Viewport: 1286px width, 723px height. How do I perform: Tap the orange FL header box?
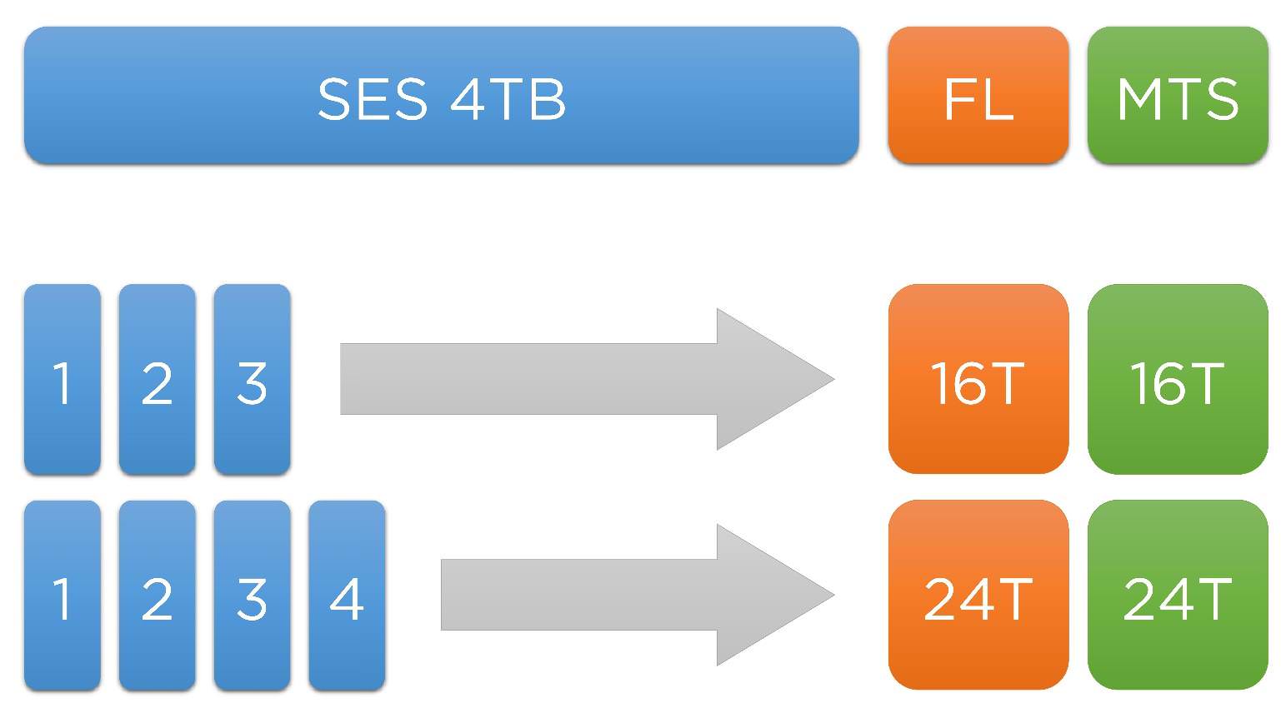978,96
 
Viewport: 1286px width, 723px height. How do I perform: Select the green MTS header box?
1177,96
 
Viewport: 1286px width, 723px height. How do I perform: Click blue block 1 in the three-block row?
63,380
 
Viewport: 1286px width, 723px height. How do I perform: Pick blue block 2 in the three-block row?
158,380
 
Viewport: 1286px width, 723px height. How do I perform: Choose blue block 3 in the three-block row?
252,380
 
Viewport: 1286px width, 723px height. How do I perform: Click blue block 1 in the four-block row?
63,596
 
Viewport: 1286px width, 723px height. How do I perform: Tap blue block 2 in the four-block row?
158,596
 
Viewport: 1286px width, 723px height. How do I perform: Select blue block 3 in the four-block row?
252,596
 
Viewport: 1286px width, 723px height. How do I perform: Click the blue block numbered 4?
347,596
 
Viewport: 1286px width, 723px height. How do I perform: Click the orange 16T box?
978,380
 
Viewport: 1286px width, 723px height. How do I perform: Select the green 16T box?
1177,380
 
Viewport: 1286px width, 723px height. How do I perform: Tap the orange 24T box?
978,596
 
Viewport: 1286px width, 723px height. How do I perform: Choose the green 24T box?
1177,596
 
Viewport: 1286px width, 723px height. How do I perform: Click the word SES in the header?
373,100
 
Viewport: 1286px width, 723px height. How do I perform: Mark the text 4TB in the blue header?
508,100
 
